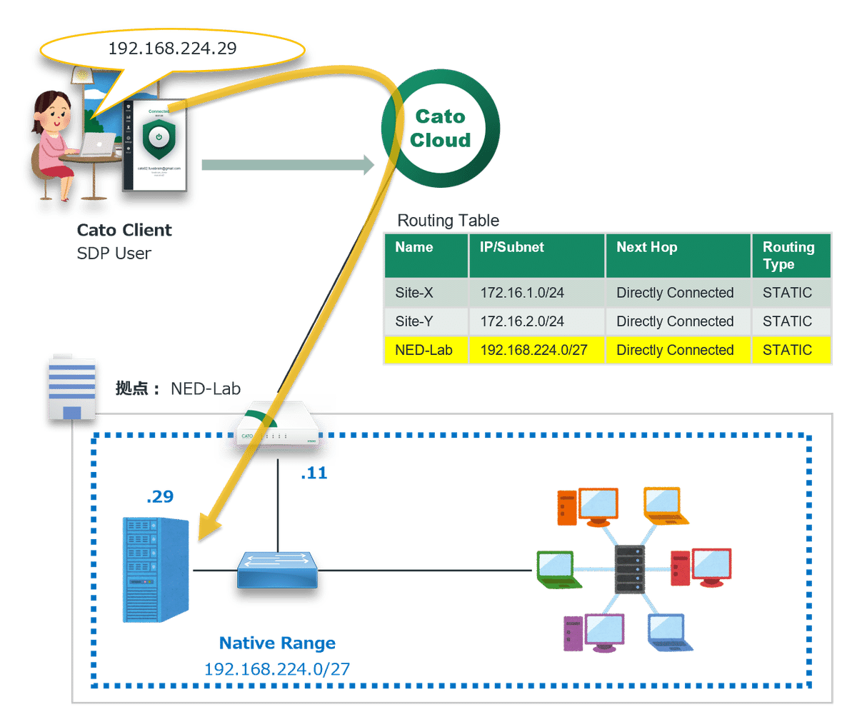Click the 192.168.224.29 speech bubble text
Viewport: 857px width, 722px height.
click(172, 49)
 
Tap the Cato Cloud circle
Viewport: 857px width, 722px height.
click(440, 129)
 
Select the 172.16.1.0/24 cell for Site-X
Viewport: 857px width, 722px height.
click(522, 293)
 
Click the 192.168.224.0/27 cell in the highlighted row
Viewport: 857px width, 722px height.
click(534, 350)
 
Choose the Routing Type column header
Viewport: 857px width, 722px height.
click(788, 255)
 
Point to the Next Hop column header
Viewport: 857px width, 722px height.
click(647, 247)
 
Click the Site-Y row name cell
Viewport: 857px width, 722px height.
click(414, 321)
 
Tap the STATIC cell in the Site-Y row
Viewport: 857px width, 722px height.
click(787, 321)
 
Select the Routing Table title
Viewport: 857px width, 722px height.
click(448, 220)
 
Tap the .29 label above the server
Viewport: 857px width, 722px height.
click(160, 495)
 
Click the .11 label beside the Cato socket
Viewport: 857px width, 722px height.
click(314, 473)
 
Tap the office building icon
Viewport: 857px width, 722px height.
click(71, 388)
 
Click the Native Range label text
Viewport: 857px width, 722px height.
click(277, 643)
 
